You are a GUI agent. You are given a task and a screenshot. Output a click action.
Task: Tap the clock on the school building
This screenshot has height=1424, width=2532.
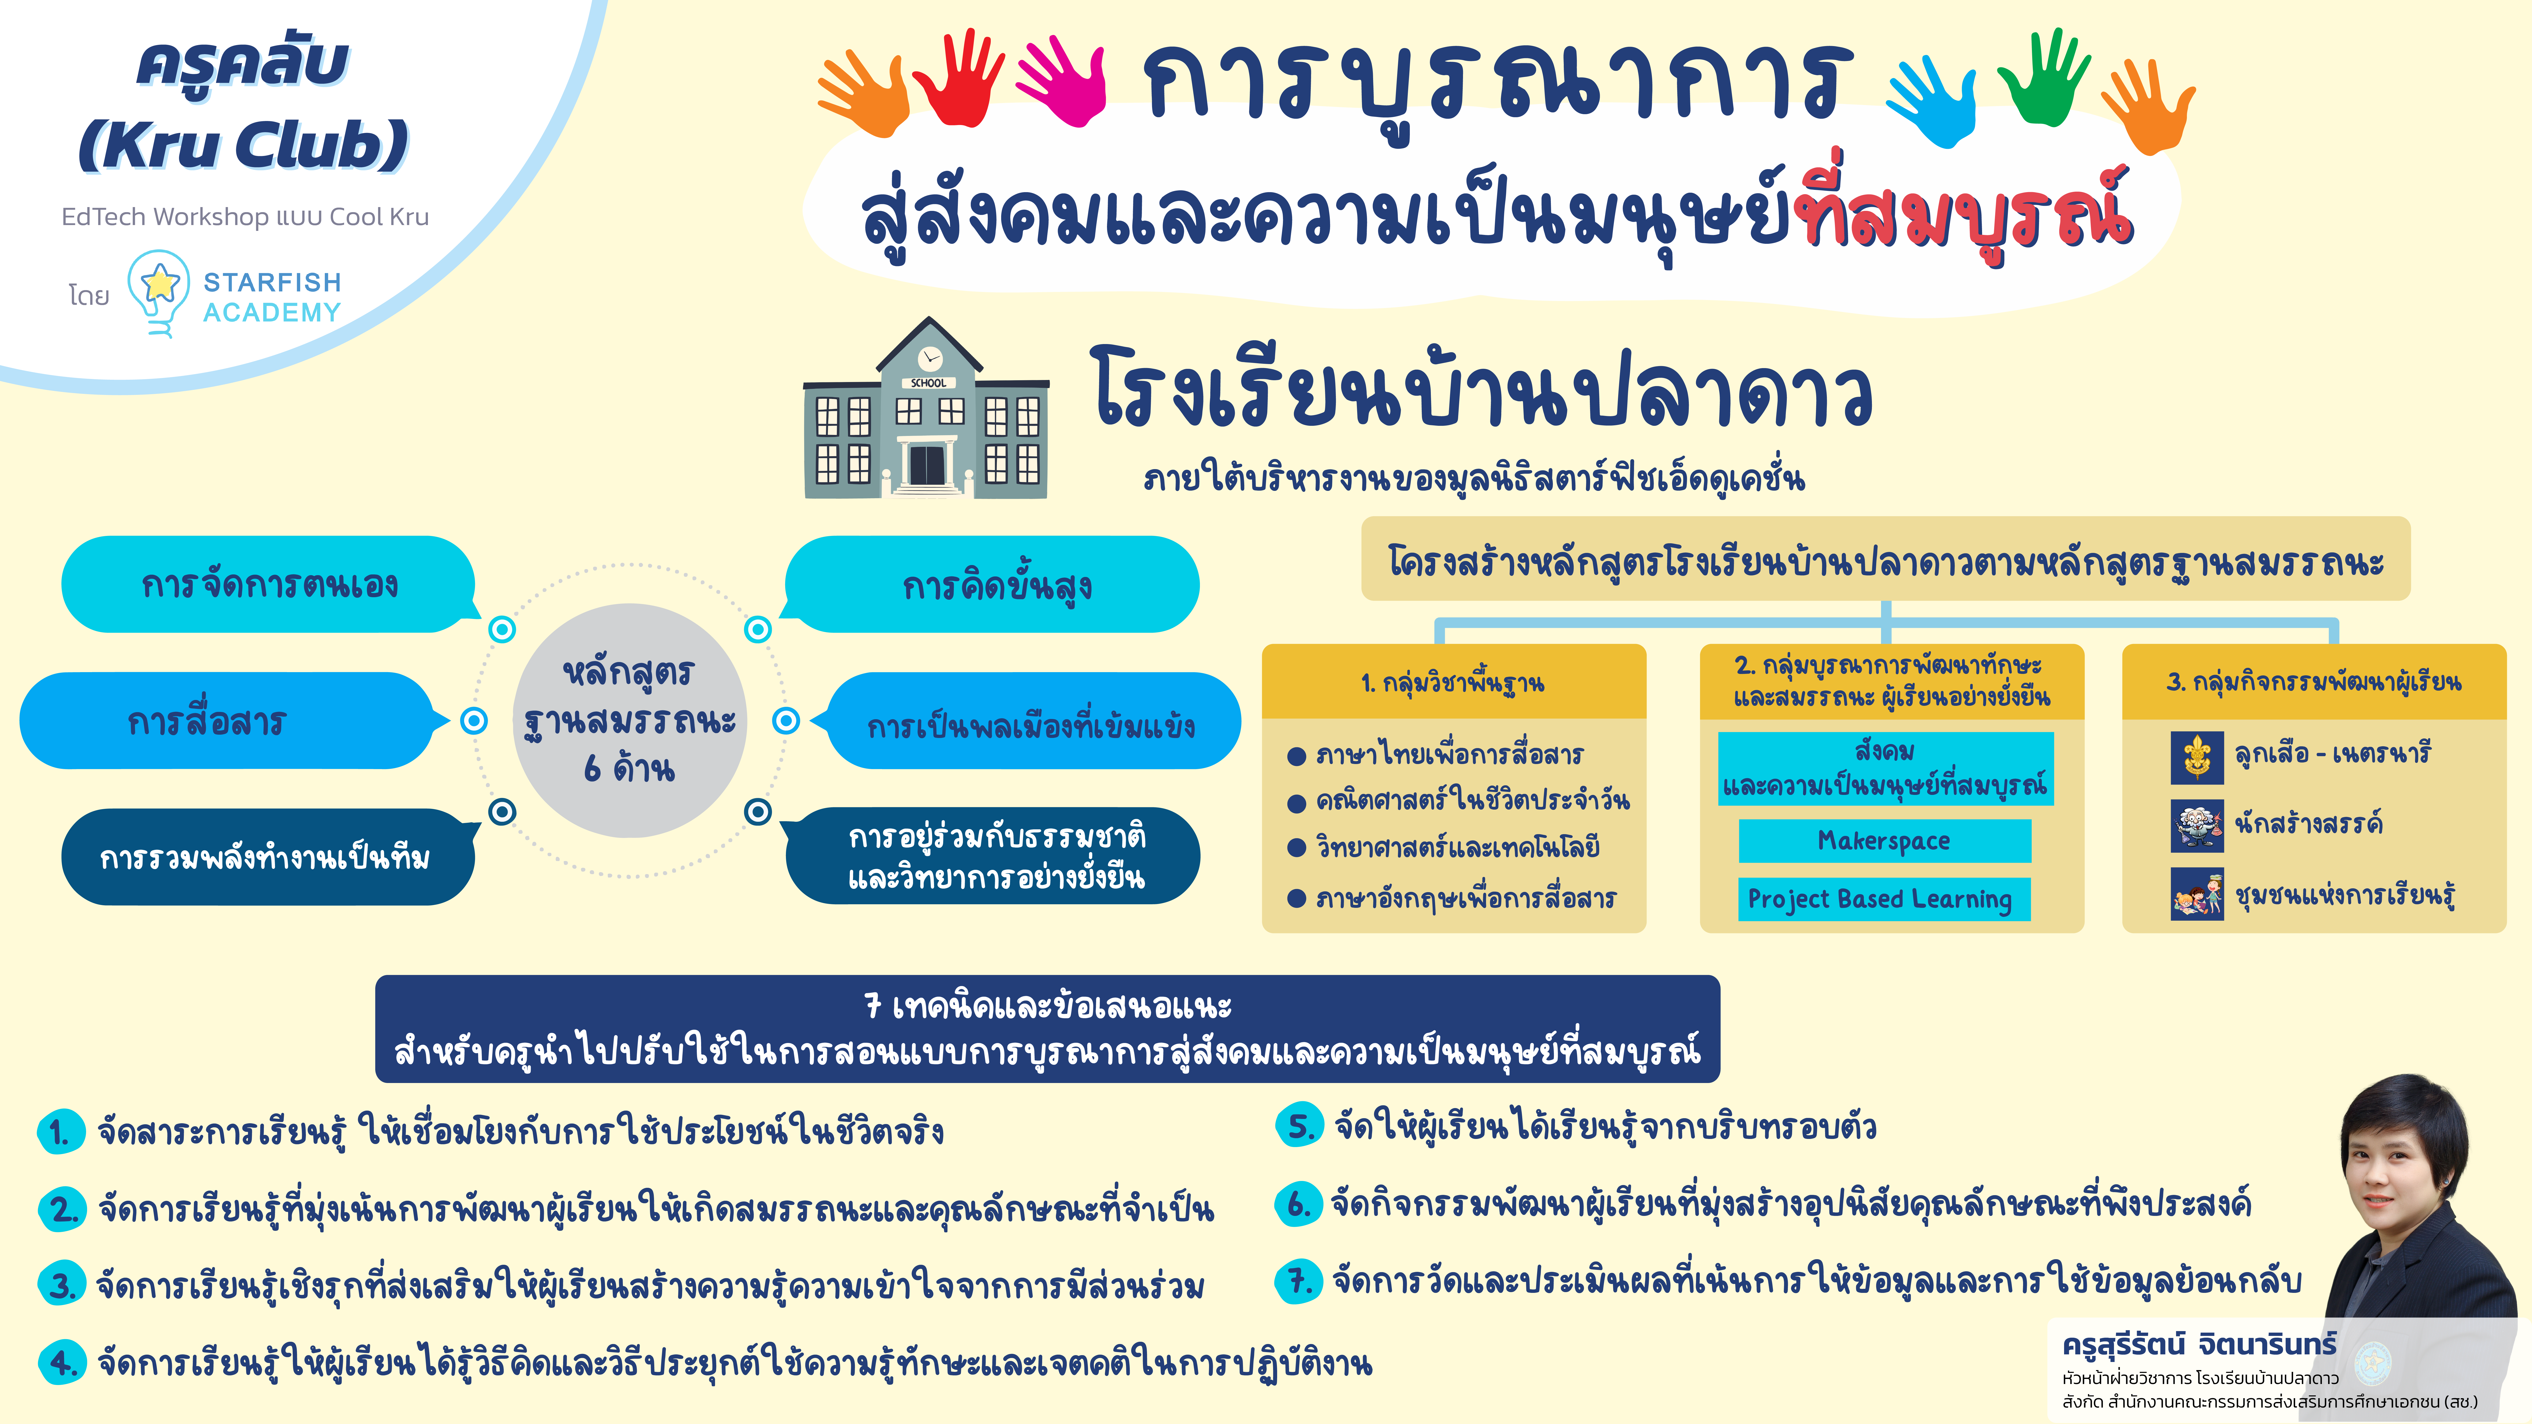929,358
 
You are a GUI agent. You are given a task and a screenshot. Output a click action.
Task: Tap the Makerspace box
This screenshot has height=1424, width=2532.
1884,841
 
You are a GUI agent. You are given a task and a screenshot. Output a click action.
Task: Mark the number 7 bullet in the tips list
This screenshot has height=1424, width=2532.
1298,1280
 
